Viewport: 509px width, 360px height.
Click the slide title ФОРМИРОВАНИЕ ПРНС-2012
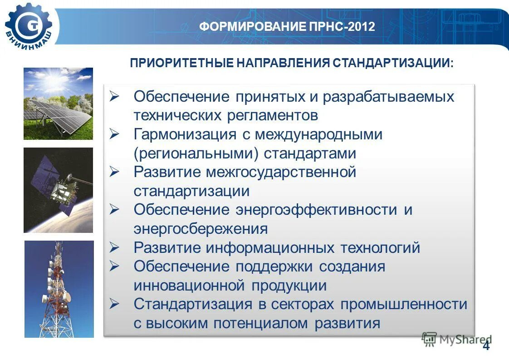(287, 27)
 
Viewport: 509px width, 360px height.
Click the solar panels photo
(58, 104)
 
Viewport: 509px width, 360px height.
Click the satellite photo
(58, 190)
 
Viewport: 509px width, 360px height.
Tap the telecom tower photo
(59, 289)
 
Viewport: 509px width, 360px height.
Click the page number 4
(486, 346)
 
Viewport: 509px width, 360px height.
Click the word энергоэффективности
(316, 210)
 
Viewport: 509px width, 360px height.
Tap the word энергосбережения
(201, 229)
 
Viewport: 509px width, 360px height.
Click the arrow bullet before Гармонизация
(114, 134)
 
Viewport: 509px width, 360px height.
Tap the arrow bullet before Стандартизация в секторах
(114, 304)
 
